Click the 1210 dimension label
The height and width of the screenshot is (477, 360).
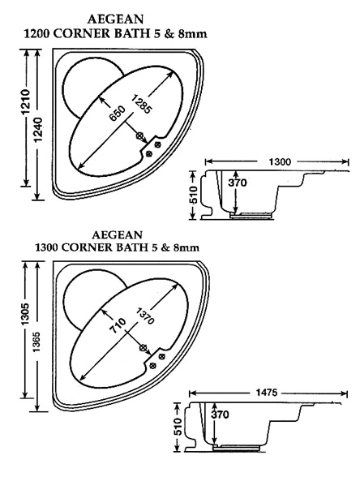click(x=27, y=102)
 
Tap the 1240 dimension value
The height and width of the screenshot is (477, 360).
click(x=38, y=129)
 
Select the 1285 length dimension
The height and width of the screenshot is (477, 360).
click(x=141, y=105)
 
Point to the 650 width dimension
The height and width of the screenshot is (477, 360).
click(x=117, y=114)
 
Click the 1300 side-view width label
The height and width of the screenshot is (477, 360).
click(x=280, y=161)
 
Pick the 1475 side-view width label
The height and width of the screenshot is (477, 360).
click(x=266, y=393)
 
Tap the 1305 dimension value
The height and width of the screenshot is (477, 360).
click(x=26, y=314)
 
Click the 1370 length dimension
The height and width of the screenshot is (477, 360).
click(x=146, y=316)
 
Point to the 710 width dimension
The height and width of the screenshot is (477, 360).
click(x=118, y=325)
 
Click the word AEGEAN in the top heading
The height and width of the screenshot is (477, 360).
click(x=115, y=19)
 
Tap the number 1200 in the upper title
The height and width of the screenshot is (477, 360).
click(x=36, y=33)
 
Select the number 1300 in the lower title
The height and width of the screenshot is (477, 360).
click(x=49, y=247)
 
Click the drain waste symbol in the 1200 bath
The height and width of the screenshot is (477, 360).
click(x=139, y=136)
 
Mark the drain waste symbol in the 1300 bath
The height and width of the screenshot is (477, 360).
click(x=143, y=347)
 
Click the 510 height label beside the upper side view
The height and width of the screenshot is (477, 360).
click(x=193, y=195)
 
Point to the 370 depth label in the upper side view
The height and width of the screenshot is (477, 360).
click(x=238, y=183)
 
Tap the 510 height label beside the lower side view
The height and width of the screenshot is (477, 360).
click(x=178, y=427)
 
